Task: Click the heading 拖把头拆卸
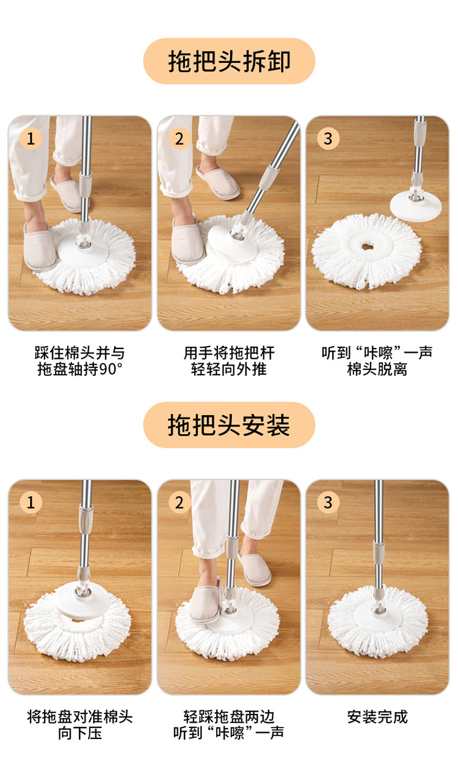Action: pos(229,61)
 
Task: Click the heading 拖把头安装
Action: pos(229,425)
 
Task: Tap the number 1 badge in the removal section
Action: pos(31,139)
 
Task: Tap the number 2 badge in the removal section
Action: pos(180,139)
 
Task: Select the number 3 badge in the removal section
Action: pos(328,139)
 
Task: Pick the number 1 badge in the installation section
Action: pos(31,502)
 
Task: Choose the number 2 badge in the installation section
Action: pos(180,502)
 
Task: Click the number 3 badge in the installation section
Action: pos(328,502)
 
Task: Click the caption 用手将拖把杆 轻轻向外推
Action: pos(229,361)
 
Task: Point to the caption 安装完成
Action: pos(377,716)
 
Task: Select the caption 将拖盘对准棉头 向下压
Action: pos(80,725)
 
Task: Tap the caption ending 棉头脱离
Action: pos(377,361)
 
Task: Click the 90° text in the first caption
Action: pos(111,369)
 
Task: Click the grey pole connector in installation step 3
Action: pos(379,553)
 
